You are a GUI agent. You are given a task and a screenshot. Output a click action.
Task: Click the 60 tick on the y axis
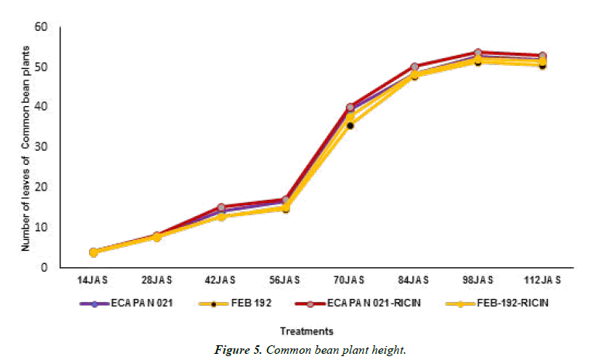click(42, 27)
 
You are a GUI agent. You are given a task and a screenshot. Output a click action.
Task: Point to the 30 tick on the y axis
click(42, 147)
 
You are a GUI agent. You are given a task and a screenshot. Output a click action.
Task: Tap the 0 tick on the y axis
click(45, 267)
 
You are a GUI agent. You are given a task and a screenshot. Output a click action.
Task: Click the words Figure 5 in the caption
click(239, 351)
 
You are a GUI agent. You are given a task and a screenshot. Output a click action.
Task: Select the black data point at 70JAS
click(350, 125)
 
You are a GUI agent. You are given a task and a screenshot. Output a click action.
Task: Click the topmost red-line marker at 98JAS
click(477, 53)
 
